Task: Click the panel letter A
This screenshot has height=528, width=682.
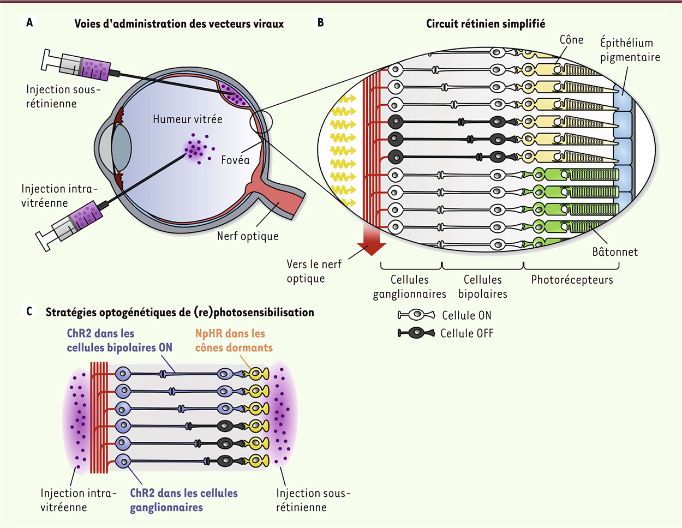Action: click(x=29, y=22)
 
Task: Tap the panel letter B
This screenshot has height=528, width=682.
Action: click(x=320, y=22)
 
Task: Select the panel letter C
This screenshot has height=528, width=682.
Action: click(x=29, y=311)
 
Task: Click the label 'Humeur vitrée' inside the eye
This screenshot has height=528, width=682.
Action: click(x=187, y=119)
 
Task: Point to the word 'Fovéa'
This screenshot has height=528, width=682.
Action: click(x=235, y=160)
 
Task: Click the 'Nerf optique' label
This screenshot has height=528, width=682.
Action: click(x=248, y=236)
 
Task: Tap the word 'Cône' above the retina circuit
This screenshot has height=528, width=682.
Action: click(x=571, y=40)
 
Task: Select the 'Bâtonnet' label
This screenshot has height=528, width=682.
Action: click(x=615, y=252)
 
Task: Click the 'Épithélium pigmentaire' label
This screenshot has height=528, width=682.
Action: click(x=630, y=50)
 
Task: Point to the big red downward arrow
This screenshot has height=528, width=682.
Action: click(x=371, y=240)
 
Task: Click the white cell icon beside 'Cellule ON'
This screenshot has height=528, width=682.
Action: click(x=416, y=315)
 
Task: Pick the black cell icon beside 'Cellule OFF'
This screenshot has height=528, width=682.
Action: click(x=416, y=333)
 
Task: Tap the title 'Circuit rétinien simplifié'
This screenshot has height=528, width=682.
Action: click(x=485, y=23)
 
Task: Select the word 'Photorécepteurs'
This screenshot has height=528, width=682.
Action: click(x=572, y=280)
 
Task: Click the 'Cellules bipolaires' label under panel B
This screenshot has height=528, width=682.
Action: click(x=482, y=287)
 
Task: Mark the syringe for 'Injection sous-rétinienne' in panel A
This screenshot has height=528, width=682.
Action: click(x=82, y=65)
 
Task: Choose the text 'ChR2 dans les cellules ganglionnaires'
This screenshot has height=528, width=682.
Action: click(x=183, y=500)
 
